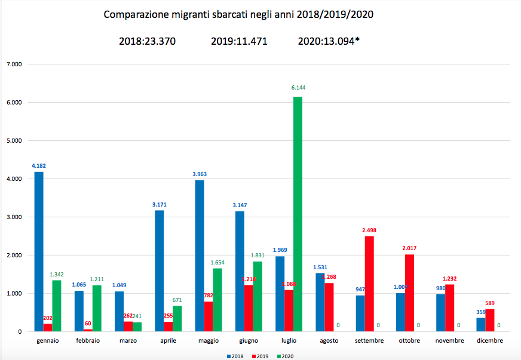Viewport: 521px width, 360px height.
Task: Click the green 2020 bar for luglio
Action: click(298, 214)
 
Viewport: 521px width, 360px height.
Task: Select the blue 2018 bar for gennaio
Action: click(38, 251)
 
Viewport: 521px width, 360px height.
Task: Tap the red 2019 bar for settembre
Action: click(369, 284)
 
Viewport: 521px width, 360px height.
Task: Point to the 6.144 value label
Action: click(298, 88)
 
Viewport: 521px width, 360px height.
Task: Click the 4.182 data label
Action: click(38, 164)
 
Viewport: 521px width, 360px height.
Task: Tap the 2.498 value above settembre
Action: click(369, 229)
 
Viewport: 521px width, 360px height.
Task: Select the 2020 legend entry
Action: click(286, 356)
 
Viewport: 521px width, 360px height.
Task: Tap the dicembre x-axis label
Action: click(490, 341)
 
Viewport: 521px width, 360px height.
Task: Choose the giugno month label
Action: click(249, 341)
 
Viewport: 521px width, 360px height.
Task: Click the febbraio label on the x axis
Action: click(88, 341)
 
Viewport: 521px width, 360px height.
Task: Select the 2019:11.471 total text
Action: click(238, 41)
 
